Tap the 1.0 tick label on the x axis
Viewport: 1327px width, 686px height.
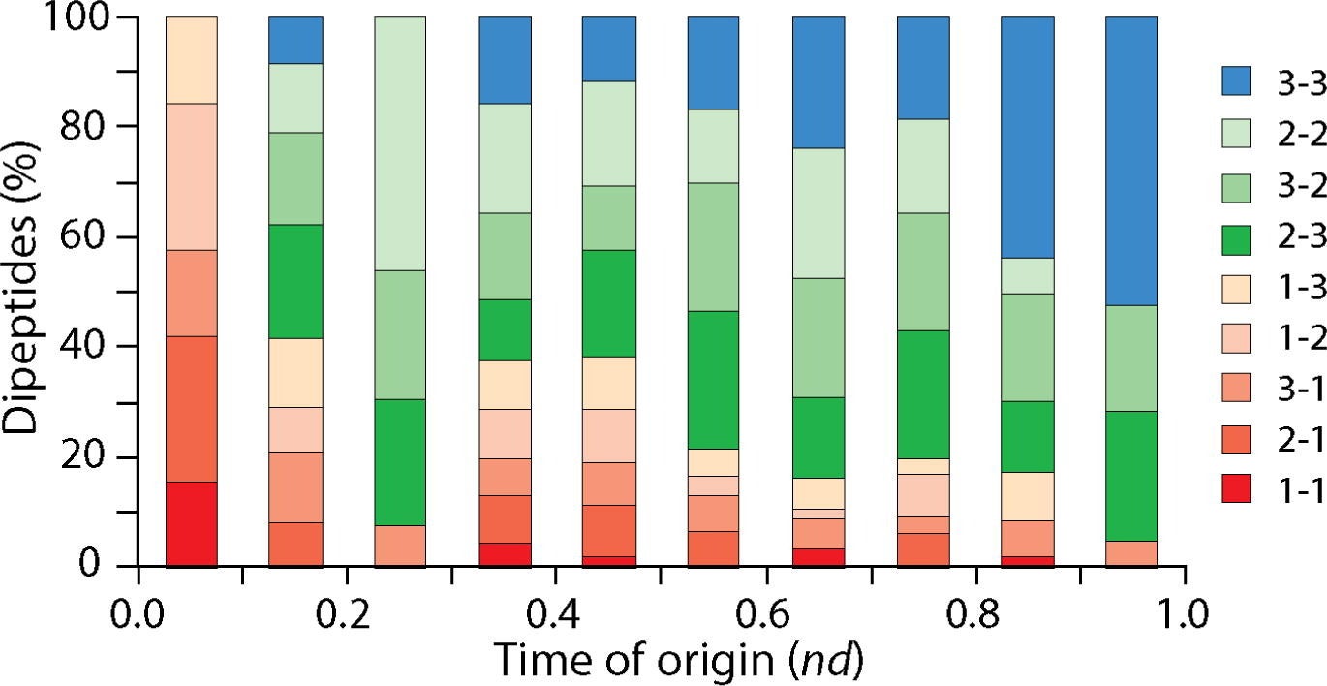pyautogui.click(x=1184, y=613)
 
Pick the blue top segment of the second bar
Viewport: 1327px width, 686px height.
pyautogui.click(x=295, y=40)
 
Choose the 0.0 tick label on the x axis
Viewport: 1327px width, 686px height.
pyautogui.click(x=138, y=613)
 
